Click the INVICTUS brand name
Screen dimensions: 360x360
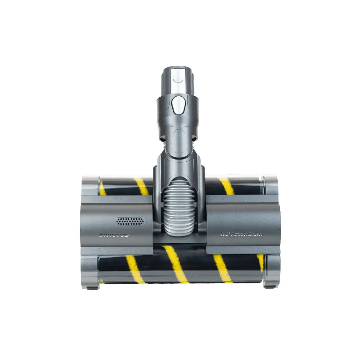(x=114, y=235)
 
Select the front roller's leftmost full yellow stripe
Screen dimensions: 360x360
(x=135, y=269)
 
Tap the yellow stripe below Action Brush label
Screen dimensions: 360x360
(x=222, y=269)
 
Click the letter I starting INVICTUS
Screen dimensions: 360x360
(x=100, y=235)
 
